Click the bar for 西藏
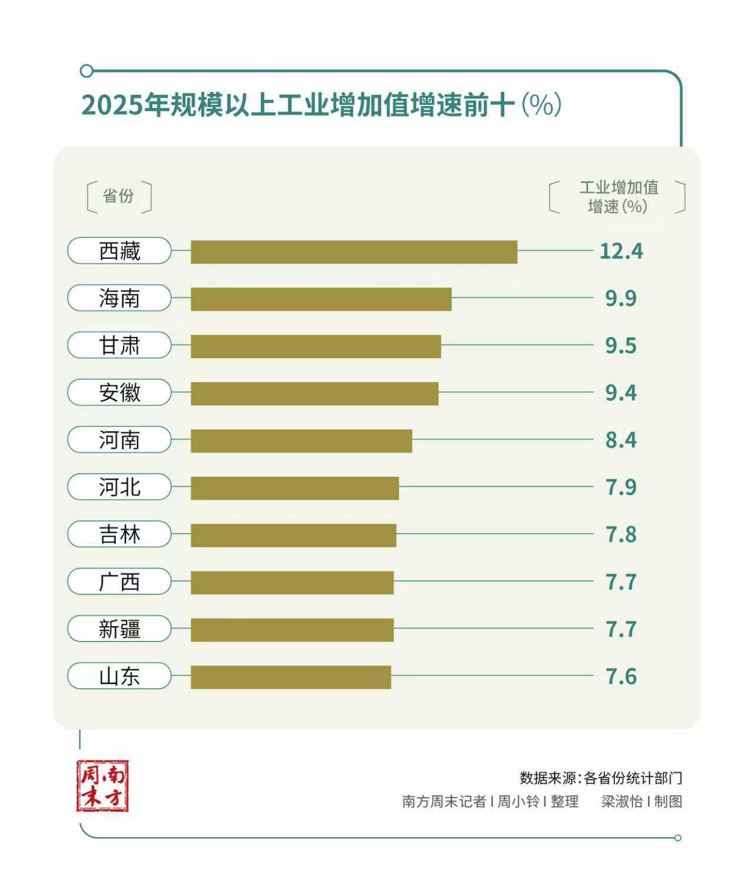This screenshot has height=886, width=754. pos(353,252)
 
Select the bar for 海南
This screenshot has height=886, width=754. pos(321,299)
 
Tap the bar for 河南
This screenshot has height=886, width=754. pos(301,441)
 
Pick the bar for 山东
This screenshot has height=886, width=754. pos(290,677)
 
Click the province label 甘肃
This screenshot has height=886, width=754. pos(120,345)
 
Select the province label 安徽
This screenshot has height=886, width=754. pos(120,392)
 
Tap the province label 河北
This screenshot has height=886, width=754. pos(120,487)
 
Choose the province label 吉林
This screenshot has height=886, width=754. pos(120,534)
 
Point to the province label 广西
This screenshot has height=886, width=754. pos(120,582)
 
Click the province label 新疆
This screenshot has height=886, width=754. pos(120,629)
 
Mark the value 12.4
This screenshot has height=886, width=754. pos(621,252)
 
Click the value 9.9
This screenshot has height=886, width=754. pos(621,299)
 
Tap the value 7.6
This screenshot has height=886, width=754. pos(621,677)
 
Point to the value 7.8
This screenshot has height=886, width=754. pos(621,535)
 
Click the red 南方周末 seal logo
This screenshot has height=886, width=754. pos(102,786)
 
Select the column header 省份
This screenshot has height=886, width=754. pos(118,196)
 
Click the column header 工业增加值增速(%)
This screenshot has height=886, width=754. pos(618,197)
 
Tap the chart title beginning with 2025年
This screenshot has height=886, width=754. pos(321,105)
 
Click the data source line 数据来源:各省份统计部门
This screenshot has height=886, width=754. pos(600,778)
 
